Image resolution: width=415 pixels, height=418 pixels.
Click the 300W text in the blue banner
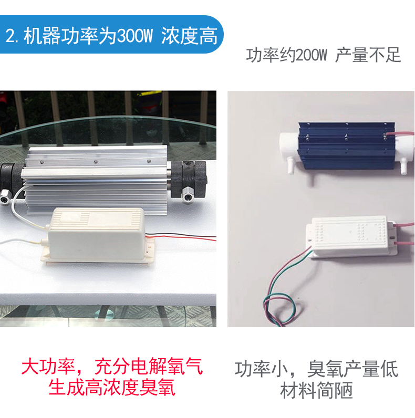(x=134, y=36)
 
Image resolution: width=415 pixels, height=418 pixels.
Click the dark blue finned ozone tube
(x=347, y=145)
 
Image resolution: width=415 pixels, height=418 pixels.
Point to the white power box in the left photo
(x=96, y=236)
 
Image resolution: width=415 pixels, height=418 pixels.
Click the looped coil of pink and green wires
(x=279, y=309)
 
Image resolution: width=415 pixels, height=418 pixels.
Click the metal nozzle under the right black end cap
(x=188, y=197)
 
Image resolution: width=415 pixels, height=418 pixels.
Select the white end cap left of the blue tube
(x=289, y=145)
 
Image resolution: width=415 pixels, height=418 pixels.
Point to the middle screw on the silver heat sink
(x=95, y=162)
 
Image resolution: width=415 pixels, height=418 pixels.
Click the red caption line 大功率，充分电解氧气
(x=112, y=367)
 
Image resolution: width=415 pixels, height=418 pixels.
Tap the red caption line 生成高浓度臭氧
(x=112, y=388)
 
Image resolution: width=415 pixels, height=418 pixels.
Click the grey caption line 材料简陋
(x=316, y=390)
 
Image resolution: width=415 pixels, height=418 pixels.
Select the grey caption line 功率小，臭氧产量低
(x=316, y=369)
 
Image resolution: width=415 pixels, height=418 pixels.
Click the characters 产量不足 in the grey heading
(x=368, y=55)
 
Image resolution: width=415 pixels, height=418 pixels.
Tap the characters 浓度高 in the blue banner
(x=189, y=36)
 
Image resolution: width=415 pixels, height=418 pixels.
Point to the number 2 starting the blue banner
(x=10, y=36)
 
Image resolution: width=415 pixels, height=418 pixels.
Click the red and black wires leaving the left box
(x=181, y=236)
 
